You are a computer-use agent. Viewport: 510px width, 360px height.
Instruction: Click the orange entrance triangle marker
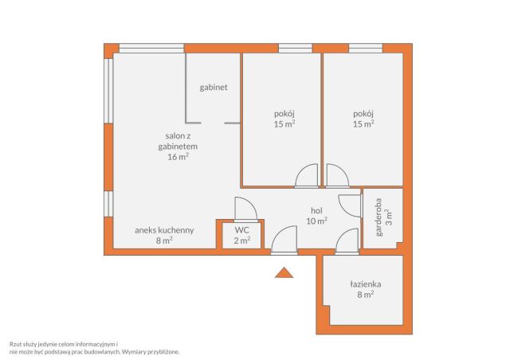pos(284,273)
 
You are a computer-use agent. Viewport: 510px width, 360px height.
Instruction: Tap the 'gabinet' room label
pos(214,88)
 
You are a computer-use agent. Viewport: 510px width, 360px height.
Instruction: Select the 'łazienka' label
pos(366,284)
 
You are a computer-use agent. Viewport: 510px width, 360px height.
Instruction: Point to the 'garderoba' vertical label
pos(379,217)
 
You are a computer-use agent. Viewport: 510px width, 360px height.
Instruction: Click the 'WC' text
pos(242,230)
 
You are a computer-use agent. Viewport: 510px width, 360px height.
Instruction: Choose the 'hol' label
pos(316,211)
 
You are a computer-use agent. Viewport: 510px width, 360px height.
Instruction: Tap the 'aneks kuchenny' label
pos(164,230)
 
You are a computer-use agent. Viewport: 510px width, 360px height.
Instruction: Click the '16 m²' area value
pos(178,157)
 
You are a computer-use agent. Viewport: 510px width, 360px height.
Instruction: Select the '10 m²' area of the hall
pos(316,221)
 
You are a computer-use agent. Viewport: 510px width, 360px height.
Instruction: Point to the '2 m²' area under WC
pos(242,241)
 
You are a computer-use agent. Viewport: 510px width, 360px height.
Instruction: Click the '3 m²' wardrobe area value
pos(389,217)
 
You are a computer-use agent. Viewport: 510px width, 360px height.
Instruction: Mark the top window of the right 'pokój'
pos(366,48)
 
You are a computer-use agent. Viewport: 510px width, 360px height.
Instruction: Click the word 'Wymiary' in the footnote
pos(134,351)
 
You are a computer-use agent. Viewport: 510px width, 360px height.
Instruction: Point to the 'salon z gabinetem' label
pos(178,141)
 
